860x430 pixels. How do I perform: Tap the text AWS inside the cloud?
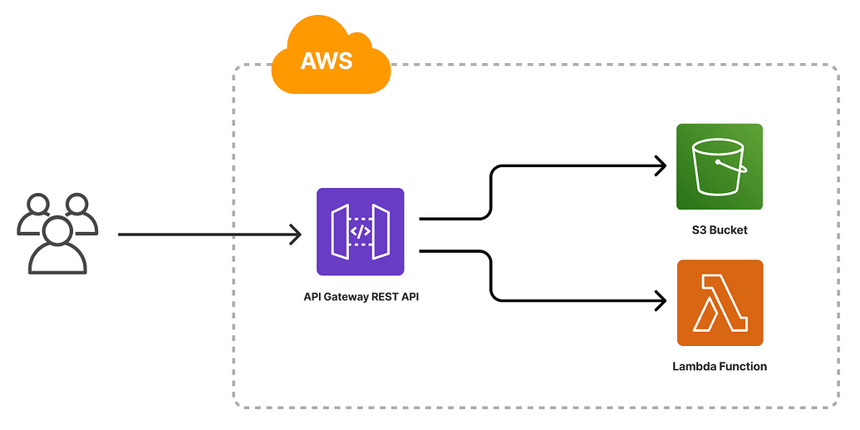pyautogui.click(x=327, y=61)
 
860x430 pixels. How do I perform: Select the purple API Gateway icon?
pyautogui.click(x=361, y=232)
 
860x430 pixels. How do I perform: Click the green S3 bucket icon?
pyautogui.click(x=720, y=167)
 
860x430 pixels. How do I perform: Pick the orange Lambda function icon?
pyautogui.click(x=720, y=303)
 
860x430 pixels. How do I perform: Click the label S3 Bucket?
pyautogui.click(x=720, y=230)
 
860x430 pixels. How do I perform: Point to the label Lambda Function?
pyautogui.click(x=720, y=366)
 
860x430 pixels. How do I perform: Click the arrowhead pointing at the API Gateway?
pyautogui.click(x=295, y=235)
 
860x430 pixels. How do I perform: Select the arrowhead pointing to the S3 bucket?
pyautogui.click(x=661, y=166)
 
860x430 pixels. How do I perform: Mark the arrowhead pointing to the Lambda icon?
pyautogui.click(x=661, y=301)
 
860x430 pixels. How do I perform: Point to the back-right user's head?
pyautogui.click(x=76, y=204)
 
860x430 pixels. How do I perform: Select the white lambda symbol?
pyautogui.click(x=720, y=303)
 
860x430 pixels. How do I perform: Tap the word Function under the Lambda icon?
pyautogui.click(x=743, y=366)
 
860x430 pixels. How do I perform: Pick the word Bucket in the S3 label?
pyautogui.click(x=729, y=230)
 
